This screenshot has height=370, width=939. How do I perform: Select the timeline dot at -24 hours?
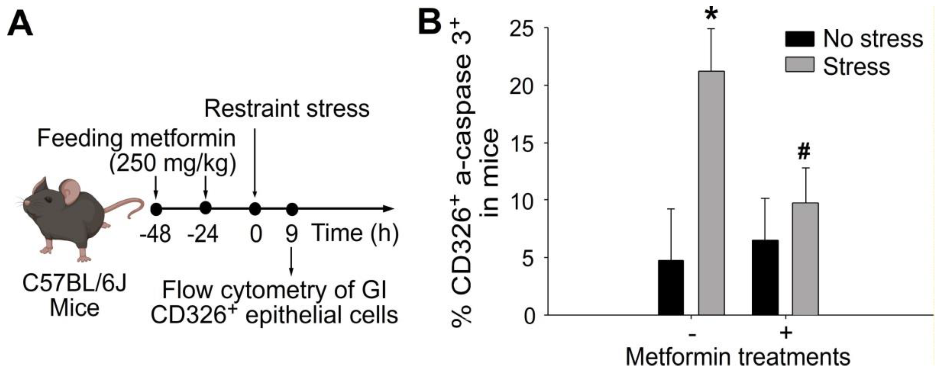click(x=206, y=208)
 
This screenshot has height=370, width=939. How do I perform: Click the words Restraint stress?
click(x=286, y=109)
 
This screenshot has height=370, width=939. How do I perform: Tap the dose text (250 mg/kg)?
click(x=173, y=164)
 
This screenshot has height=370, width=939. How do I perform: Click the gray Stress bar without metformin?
click(x=711, y=193)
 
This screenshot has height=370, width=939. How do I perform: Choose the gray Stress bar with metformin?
click(x=805, y=259)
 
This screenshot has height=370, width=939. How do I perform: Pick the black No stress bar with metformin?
click(x=765, y=277)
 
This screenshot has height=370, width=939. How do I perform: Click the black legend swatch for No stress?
click(x=799, y=39)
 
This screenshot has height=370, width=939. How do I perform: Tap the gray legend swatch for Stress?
click(x=799, y=65)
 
